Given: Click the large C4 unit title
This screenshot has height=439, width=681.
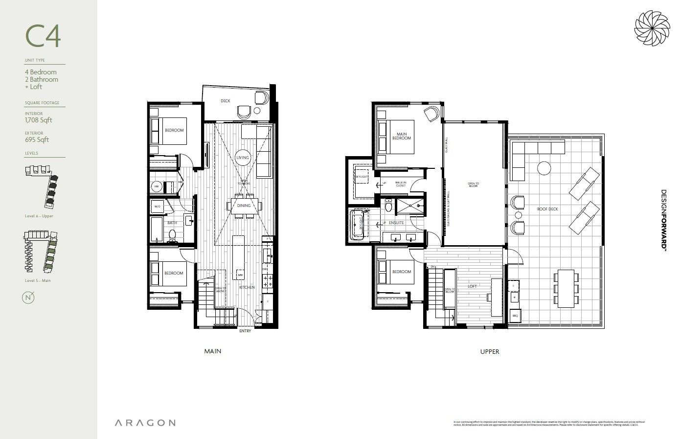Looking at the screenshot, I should tap(43, 36).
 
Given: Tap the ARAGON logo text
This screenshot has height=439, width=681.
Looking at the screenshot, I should tap(145, 423).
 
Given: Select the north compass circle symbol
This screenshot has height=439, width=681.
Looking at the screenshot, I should tap(28, 298).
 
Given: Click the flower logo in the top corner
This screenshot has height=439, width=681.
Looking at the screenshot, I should tap(652, 28).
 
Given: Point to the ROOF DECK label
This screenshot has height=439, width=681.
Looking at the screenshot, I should tap(547, 209).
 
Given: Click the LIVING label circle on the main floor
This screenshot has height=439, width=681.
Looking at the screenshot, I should tap(243, 158).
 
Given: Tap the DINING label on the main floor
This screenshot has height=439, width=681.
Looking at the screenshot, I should tap(244, 206).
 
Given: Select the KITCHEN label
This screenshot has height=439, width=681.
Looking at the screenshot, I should tap(247, 287).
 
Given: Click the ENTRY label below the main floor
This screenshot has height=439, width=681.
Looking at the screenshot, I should tap(245, 331).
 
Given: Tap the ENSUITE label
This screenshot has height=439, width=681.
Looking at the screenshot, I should tap(396, 223).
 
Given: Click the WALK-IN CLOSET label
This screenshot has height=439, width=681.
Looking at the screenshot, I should tap(401, 184).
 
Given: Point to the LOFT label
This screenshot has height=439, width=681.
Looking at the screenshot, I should tap(472, 286).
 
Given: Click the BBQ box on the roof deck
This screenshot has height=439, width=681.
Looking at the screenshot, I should tap(515, 316).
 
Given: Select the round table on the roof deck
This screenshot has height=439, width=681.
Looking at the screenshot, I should tap(545, 168).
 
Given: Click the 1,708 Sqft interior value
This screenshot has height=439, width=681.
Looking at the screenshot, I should tap(38, 120).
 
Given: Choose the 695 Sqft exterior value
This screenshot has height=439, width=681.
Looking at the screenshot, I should tap(37, 140).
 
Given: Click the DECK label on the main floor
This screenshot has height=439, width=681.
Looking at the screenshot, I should tap(225, 101).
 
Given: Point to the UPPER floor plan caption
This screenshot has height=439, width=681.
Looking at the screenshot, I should tap(489, 351).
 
